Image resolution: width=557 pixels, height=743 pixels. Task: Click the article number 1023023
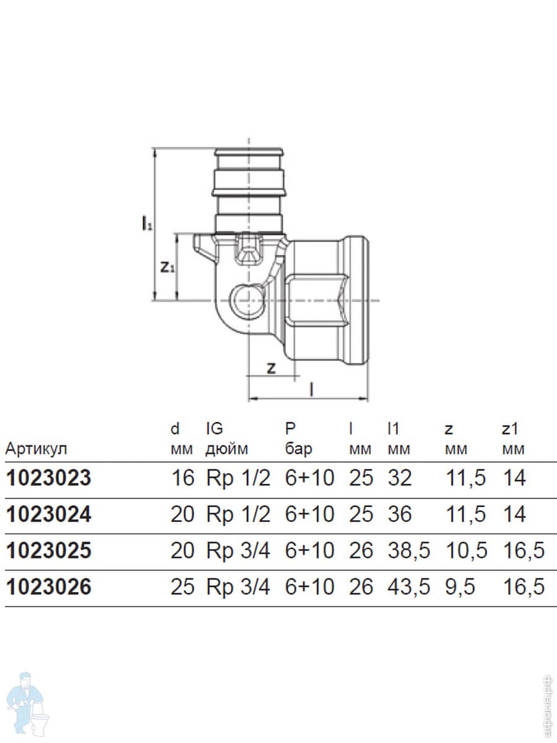tap(48, 479)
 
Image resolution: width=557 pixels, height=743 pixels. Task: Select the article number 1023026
tap(48, 587)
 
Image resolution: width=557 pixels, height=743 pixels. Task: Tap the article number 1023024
tap(48, 515)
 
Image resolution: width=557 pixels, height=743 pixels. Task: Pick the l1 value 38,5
tap(408, 550)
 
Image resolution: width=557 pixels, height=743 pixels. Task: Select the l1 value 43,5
tap(408, 587)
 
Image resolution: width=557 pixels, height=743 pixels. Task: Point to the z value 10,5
tap(465, 550)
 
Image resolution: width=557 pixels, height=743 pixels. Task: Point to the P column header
tap(290, 428)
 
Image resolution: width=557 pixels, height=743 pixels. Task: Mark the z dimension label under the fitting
tap(270, 368)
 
